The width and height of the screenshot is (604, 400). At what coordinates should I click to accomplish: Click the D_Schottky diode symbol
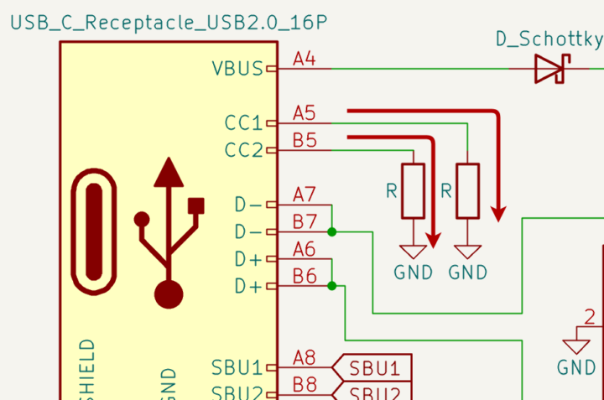click(550, 69)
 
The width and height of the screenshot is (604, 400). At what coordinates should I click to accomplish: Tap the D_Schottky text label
click(549, 39)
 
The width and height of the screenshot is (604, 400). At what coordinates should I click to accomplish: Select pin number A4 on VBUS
click(304, 59)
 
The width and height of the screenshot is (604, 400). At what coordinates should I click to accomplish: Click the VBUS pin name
click(237, 69)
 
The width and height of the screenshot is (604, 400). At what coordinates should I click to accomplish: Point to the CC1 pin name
click(243, 123)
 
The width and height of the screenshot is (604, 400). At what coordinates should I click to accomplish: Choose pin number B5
click(305, 140)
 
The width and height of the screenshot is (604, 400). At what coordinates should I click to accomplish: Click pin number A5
click(305, 113)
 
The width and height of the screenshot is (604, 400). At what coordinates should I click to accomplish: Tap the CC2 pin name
click(243, 151)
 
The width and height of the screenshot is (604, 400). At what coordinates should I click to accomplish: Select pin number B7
click(304, 221)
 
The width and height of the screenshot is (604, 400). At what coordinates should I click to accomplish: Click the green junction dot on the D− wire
click(332, 231)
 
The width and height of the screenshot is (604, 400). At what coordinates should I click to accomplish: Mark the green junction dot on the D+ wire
click(332, 286)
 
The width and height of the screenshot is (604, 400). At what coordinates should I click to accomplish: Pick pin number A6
click(304, 249)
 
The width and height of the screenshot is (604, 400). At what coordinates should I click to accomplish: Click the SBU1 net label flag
click(374, 367)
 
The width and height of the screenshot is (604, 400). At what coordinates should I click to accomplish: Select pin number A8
click(304, 358)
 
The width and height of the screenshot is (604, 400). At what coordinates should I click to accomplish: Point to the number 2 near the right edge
click(590, 317)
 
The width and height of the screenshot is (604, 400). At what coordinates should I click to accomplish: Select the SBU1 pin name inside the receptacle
click(237, 367)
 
